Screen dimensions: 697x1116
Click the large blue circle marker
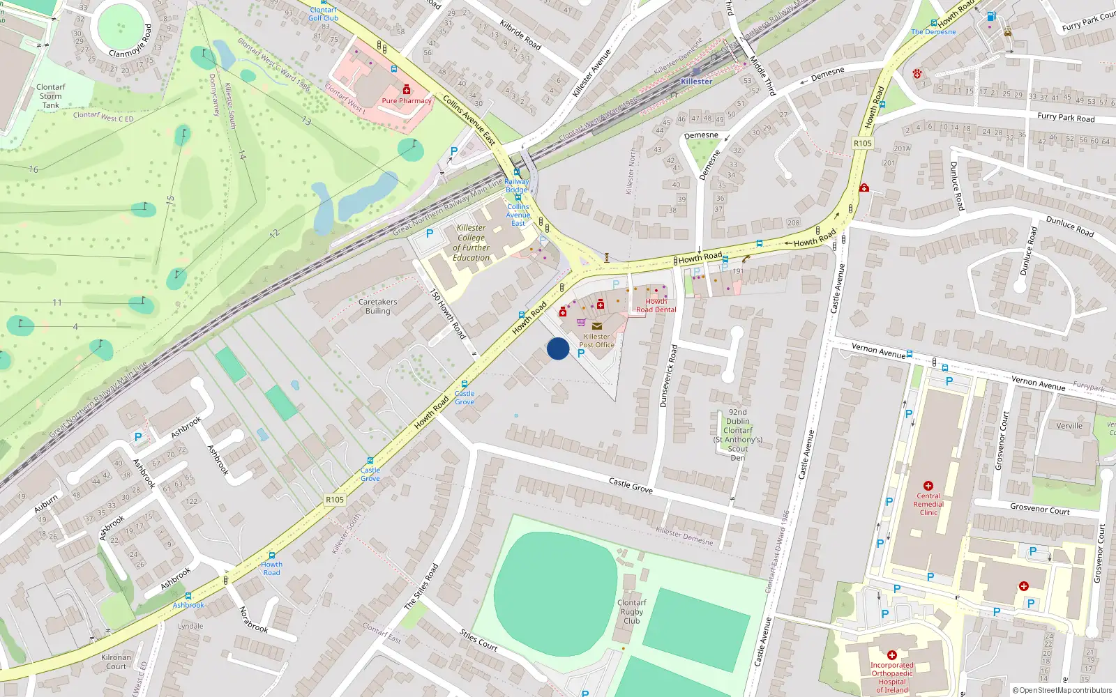558,348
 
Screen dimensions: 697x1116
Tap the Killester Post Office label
596,340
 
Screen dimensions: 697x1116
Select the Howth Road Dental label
656,305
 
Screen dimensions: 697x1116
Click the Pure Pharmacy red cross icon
407,89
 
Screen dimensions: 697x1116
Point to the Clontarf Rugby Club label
631,611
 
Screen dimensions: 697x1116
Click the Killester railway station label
696,81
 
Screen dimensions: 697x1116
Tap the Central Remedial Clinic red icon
928,485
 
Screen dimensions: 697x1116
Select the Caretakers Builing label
377,307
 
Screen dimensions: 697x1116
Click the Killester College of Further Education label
472,243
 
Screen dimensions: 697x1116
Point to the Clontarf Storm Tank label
50,96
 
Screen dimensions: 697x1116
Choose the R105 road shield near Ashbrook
335,499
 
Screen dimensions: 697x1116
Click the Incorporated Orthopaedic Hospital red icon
891,655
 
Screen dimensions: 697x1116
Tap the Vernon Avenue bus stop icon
910,353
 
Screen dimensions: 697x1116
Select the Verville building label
1069,426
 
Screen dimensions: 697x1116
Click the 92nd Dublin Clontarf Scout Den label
737,435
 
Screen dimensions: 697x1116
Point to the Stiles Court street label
478,640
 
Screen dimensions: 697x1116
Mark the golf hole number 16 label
33,169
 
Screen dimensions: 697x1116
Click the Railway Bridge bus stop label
517,185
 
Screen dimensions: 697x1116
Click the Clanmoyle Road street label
130,42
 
